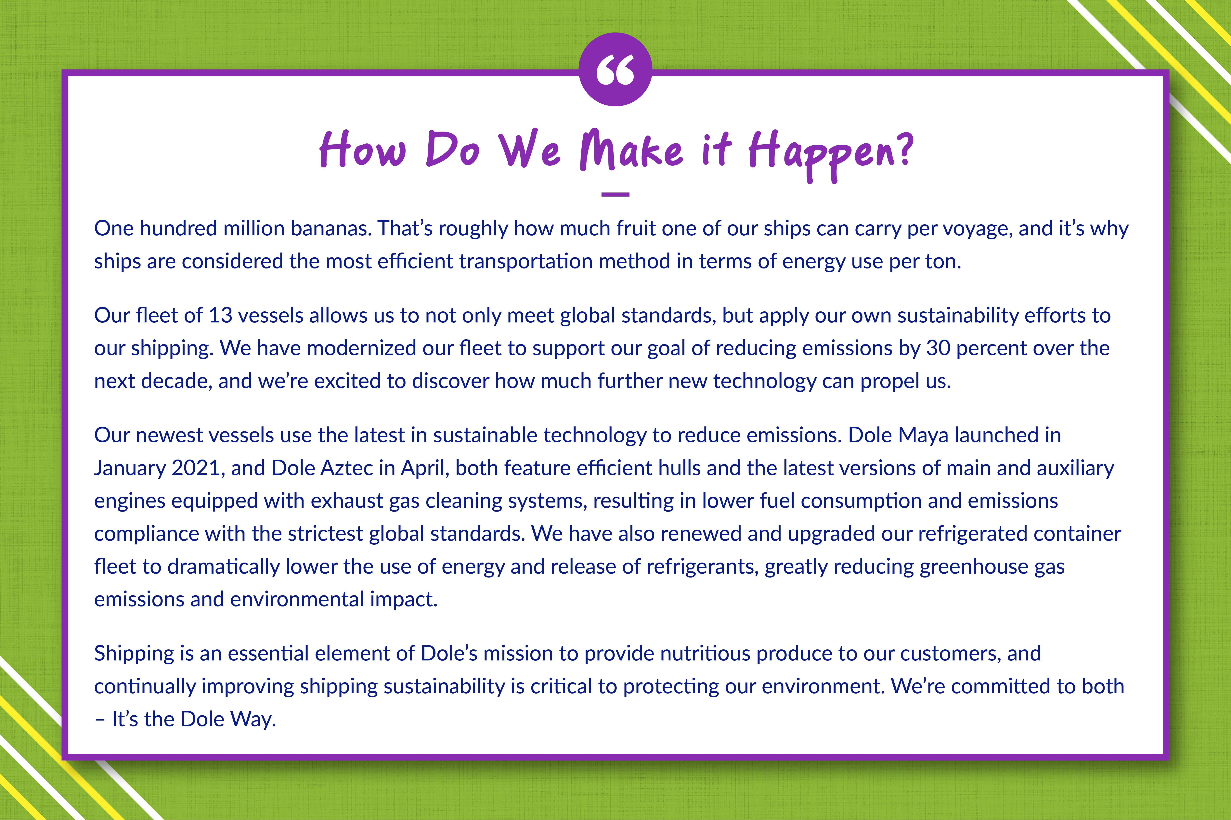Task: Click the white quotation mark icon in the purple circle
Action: [x=615, y=70]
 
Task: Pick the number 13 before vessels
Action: [x=220, y=315]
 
